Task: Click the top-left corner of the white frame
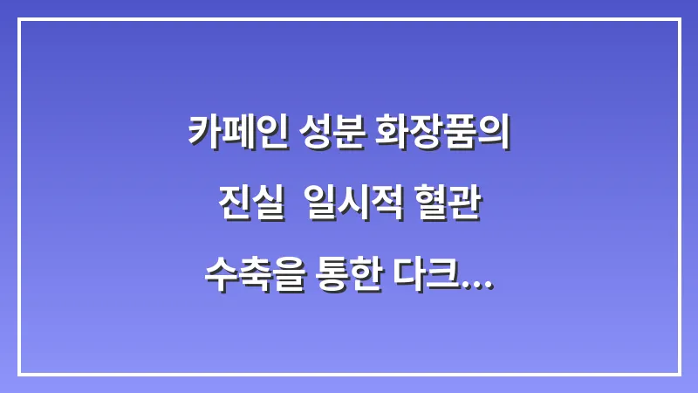tap(19, 20)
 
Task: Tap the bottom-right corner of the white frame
tap(679, 374)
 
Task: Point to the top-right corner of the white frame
tap(679, 20)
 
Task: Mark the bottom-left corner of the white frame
tap(19, 374)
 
